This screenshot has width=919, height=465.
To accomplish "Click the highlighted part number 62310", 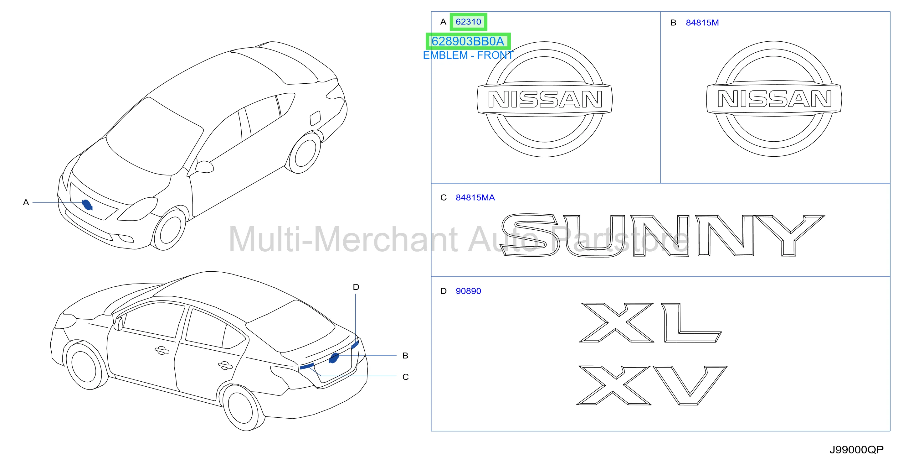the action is click(468, 22).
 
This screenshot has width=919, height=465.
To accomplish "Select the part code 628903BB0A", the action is click(468, 41).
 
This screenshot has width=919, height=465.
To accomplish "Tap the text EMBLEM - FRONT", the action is click(468, 55).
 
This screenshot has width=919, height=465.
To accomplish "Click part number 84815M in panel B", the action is click(702, 23).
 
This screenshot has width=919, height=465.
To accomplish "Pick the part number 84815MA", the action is click(475, 197).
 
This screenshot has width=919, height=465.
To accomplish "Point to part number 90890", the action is click(468, 291).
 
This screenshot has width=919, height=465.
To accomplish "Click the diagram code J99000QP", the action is click(857, 450).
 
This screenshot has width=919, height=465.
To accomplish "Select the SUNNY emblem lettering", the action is click(663, 235).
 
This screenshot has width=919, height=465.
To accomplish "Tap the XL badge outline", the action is click(650, 322).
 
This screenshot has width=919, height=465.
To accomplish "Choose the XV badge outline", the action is click(651, 385).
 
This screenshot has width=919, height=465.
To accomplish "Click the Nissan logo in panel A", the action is click(545, 99).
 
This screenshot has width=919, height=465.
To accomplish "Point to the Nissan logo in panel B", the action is click(774, 99).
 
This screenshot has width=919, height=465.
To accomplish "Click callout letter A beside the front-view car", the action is click(26, 202).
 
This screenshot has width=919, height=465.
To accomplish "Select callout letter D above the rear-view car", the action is click(356, 287).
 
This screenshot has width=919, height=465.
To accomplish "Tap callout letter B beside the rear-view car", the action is click(405, 356).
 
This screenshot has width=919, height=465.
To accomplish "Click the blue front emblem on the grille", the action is click(87, 205).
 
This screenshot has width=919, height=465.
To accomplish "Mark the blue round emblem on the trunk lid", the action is click(334, 358).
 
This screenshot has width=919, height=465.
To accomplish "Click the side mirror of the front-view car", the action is click(204, 167).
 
